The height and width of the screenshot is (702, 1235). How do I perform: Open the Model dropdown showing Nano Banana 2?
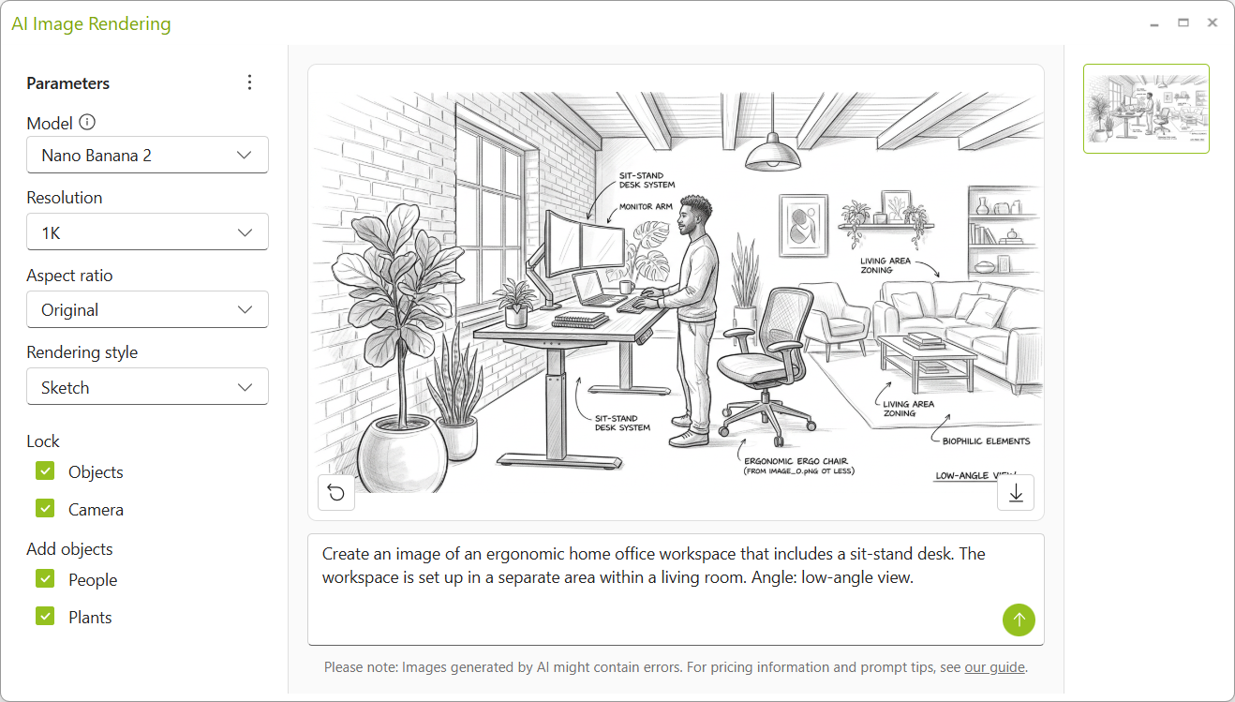[147, 155]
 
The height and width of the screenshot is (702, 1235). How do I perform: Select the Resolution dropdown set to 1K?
[147, 232]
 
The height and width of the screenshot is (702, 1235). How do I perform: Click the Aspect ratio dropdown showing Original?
[147, 309]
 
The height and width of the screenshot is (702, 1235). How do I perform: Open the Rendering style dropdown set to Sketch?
[147, 386]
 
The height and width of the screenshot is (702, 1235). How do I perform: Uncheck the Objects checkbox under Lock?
[45, 471]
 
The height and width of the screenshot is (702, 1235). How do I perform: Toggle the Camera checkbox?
[45, 508]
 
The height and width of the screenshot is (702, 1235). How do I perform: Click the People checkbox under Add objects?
[45, 579]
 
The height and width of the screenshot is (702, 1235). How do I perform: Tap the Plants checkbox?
[45, 616]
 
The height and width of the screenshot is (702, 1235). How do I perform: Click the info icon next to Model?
[87, 122]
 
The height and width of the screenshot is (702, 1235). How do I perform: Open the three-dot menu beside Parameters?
[250, 82]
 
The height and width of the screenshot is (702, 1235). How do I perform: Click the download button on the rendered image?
[1016, 492]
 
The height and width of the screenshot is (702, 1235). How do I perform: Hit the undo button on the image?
[336, 492]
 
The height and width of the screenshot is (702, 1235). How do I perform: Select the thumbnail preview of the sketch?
[1146, 109]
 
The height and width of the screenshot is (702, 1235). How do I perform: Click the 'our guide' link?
[994, 667]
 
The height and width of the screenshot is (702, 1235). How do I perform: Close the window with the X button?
[1213, 22]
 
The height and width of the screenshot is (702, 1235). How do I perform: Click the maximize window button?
[1183, 22]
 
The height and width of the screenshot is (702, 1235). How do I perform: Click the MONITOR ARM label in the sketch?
[646, 207]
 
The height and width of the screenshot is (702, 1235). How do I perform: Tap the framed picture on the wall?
[803, 225]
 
